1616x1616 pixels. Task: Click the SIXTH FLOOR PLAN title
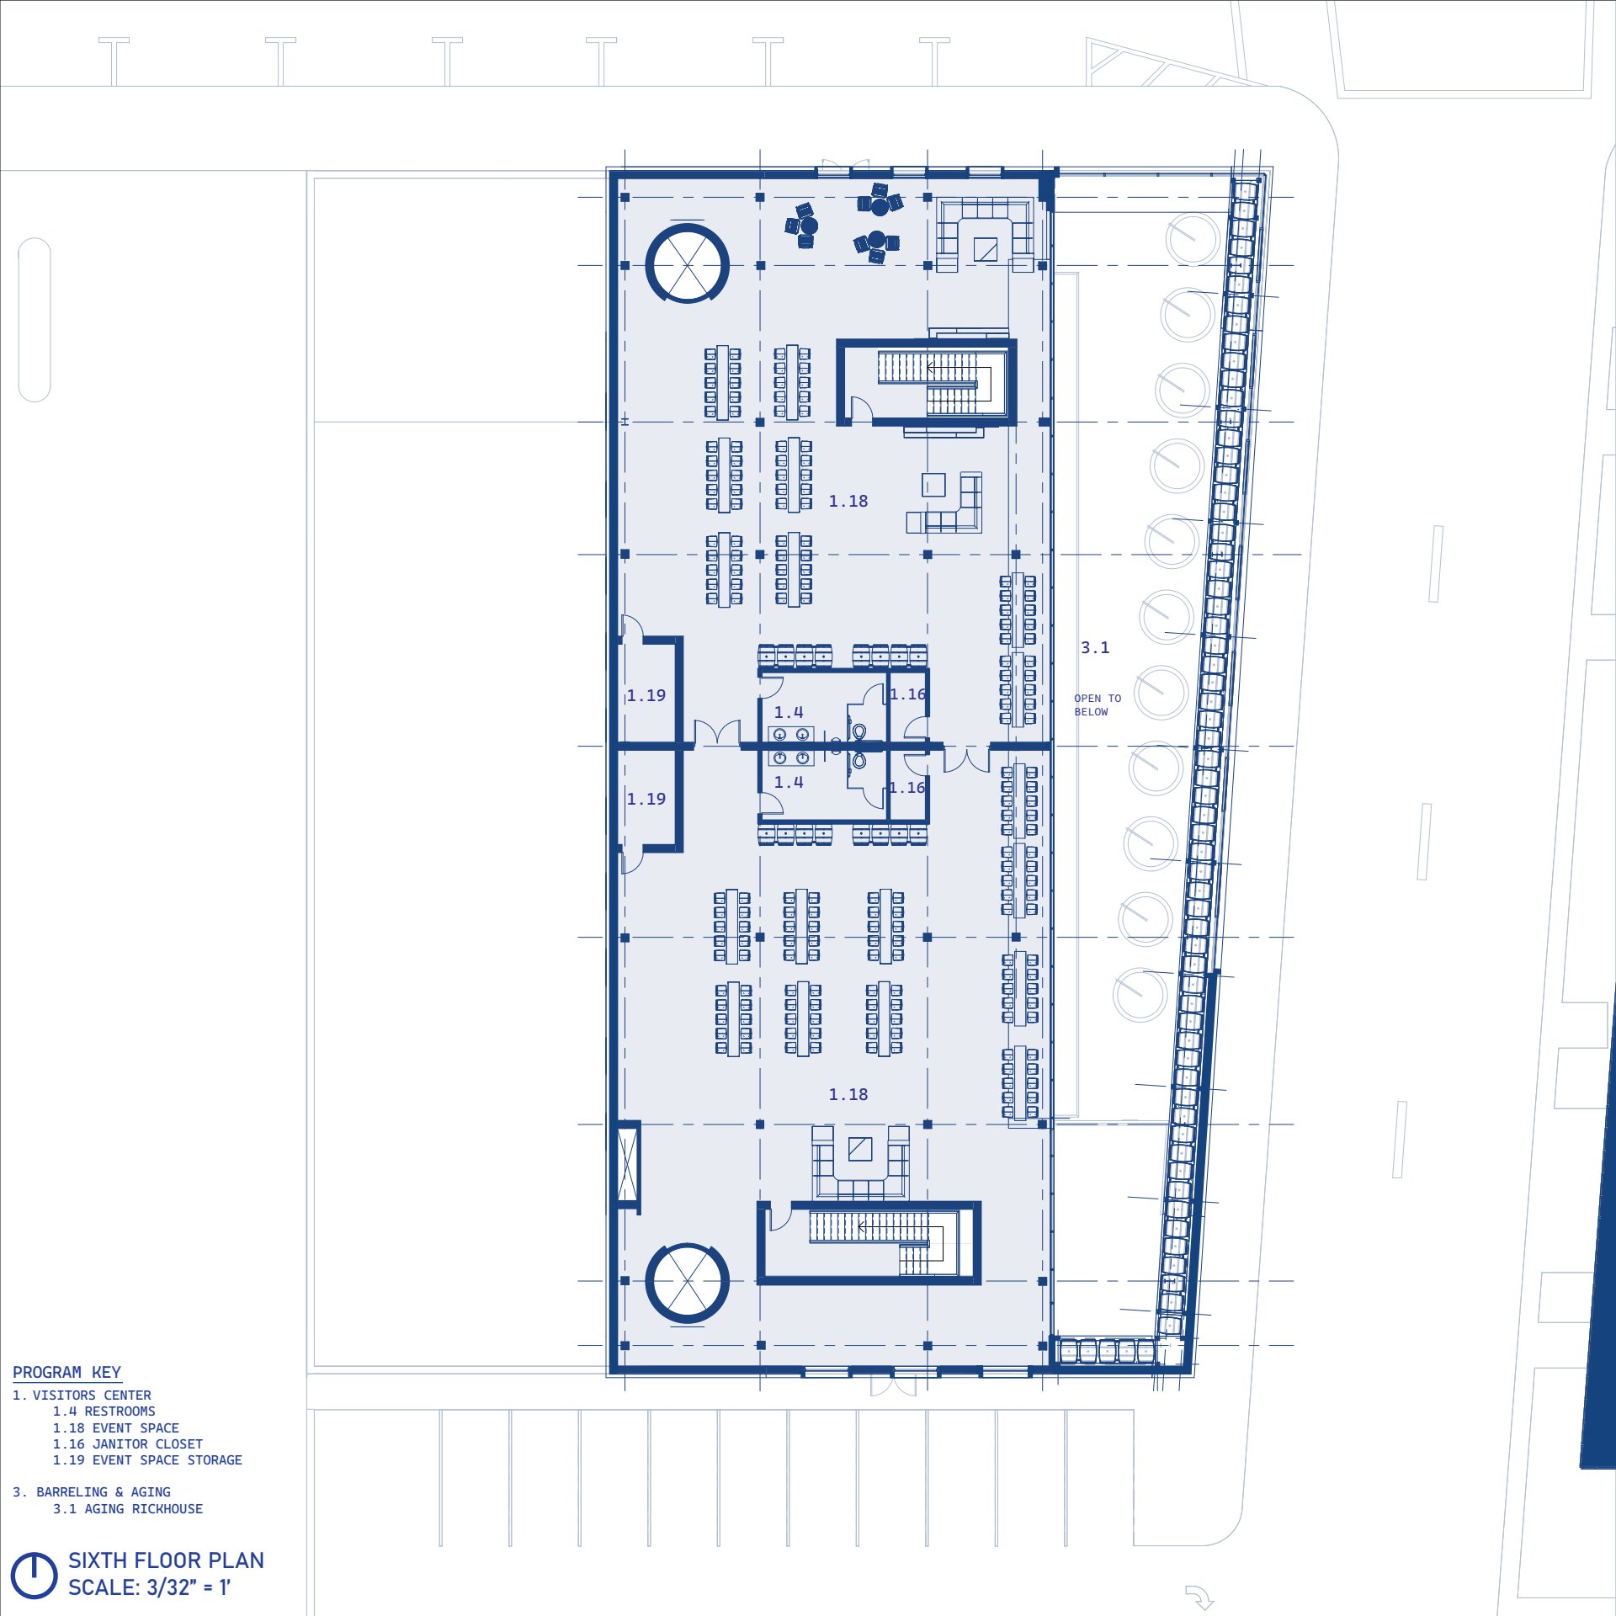click(x=166, y=1560)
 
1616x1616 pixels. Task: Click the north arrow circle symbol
click(x=34, y=1575)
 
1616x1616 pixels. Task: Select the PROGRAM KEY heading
click(x=67, y=1373)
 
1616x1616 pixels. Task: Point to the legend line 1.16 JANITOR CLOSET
click(x=128, y=1443)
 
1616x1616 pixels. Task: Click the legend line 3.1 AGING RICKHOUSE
click(x=128, y=1509)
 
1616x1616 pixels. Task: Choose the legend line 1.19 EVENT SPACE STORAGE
click(x=147, y=1460)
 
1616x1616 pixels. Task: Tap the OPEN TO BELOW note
click(x=1098, y=705)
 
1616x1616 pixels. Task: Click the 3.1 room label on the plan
click(x=1095, y=647)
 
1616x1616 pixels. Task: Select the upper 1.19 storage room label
click(x=646, y=695)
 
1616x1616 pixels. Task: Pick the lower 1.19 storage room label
click(x=646, y=799)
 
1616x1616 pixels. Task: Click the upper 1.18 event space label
click(x=848, y=502)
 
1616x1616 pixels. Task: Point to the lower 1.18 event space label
click(x=848, y=1095)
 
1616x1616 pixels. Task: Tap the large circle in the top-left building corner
click(x=688, y=225)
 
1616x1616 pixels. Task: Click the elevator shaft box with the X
click(x=629, y=1166)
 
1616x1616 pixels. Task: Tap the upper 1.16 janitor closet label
click(x=908, y=694)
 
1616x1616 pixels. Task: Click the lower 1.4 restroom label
click(x=789, y=782)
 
